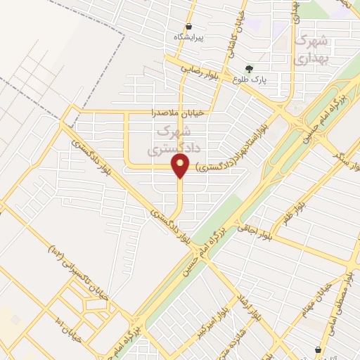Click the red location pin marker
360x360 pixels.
(x=181, y=166)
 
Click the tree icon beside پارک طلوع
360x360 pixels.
(x=248, y=69)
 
